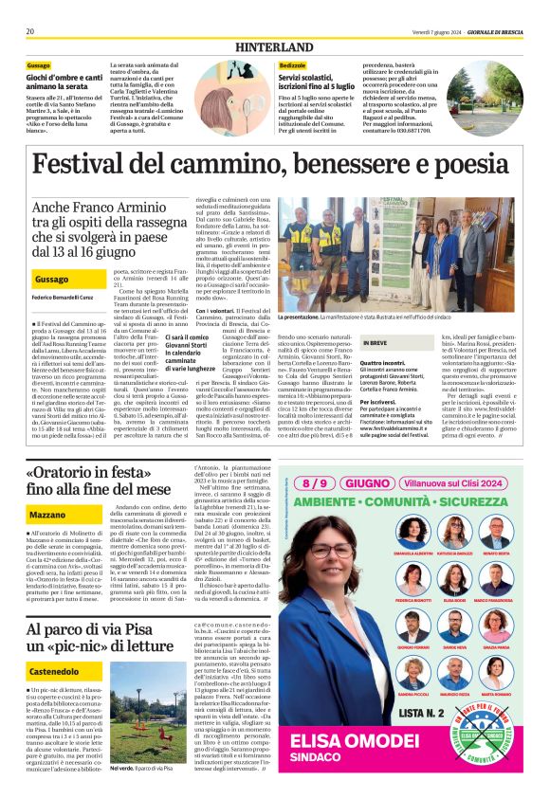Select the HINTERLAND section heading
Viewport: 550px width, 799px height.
(x=274, y=45)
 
